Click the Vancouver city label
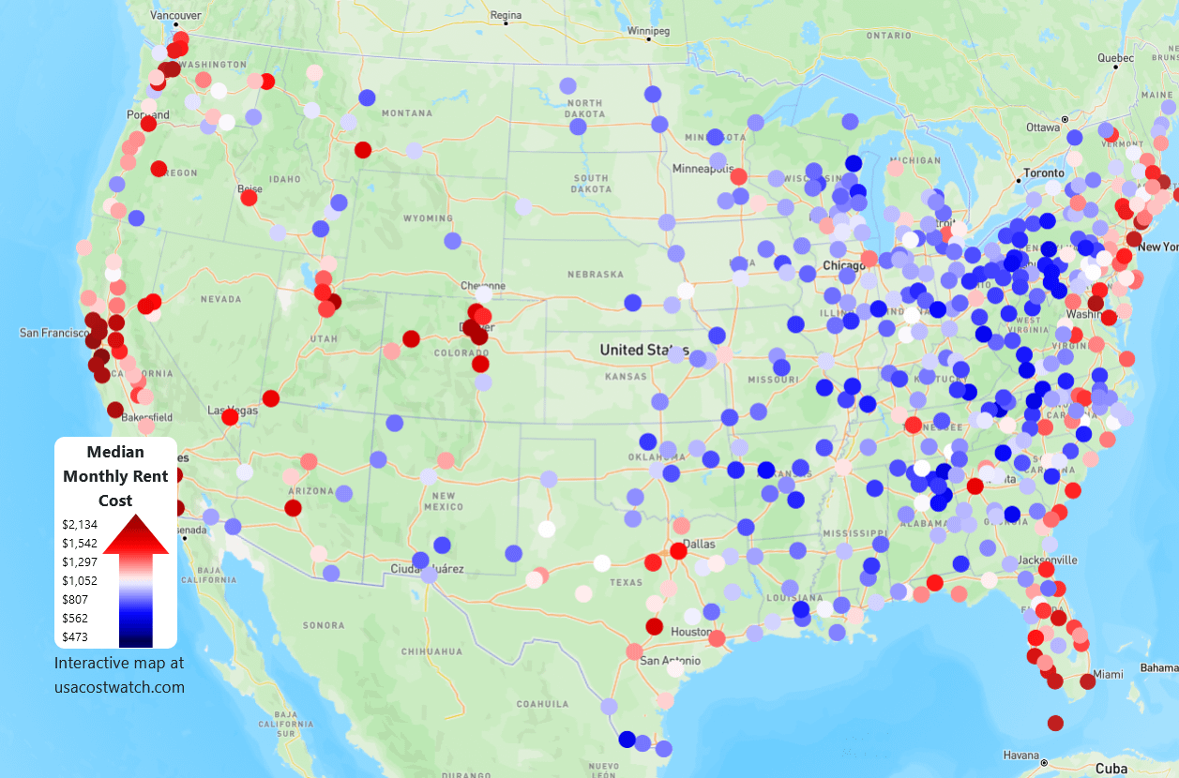tap(175, 16)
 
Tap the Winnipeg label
tap(649, 31)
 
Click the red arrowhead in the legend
tap(136, 535)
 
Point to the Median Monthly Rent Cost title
tap(115, 476)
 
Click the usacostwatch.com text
tap(119, 687)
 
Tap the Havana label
tap(1021, 756)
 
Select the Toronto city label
tap(1044, 173)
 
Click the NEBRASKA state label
tap(595, 275)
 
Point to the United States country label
tap(642, 350)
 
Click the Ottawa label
tap(1042, 127)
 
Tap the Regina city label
tap(505, 15)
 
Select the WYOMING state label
tap(426, 218)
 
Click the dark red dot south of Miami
tap(1055, 723)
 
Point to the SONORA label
tap(323, 625)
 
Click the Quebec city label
tap(1115, 58)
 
